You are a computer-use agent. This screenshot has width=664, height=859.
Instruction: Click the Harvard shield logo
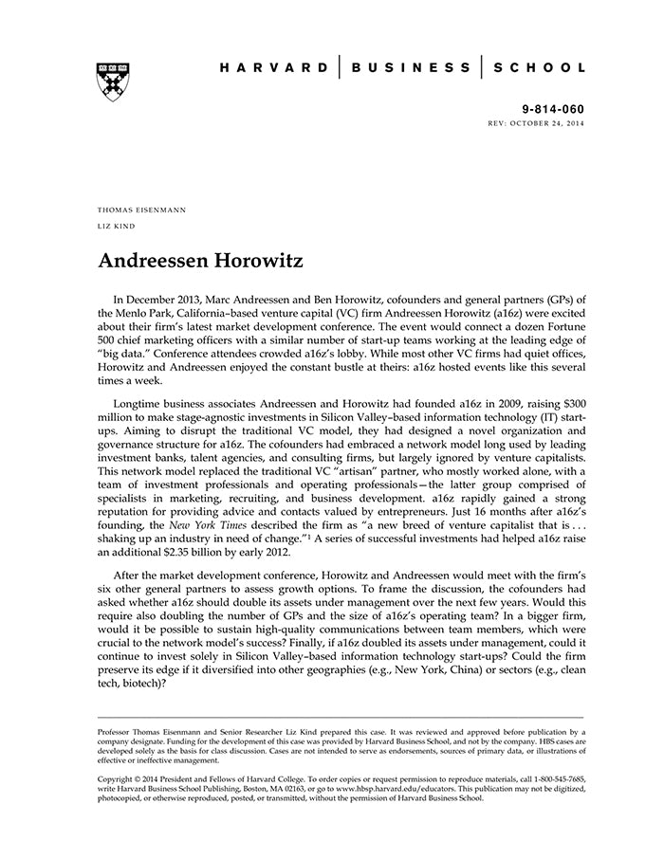113,82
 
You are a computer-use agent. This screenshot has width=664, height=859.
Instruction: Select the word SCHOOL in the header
543,68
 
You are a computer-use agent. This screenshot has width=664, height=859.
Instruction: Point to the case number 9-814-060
553,110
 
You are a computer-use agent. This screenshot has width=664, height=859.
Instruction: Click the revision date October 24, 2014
554,123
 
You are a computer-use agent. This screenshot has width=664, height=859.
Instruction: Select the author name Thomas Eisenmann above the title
141,209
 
